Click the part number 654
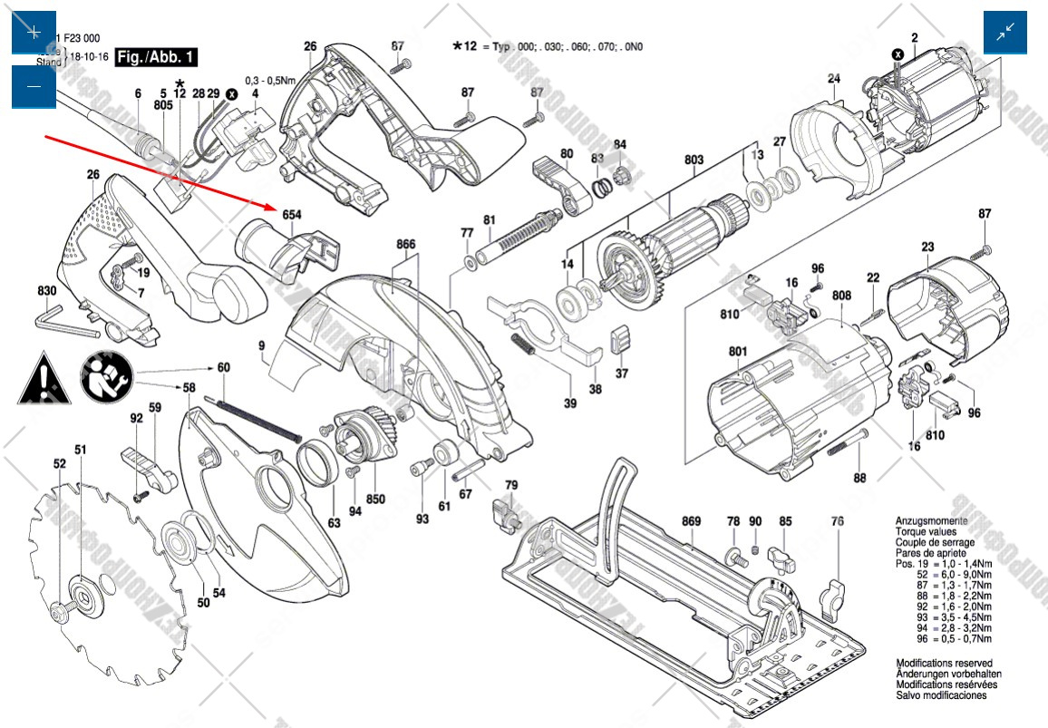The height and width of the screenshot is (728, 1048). pos(292,215)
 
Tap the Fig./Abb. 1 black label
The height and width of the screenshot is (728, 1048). pos(157,57)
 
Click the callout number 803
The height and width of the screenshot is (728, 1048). pos(694,160)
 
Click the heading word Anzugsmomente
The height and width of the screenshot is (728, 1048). pos(931,521)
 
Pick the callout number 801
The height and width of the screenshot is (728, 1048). pos(737,352)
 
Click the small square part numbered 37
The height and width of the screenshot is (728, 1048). pos(620,341)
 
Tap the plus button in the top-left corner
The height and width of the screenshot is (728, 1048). pos(34,33)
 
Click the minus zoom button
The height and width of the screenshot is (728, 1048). pos(34,86)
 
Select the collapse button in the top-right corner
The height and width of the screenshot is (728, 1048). pos(1006,33)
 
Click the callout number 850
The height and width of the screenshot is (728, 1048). pos(375,499)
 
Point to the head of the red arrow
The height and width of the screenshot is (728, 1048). pos(271,207)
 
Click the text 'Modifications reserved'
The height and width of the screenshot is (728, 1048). pos(944,664)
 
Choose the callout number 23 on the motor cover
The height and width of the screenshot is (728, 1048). pos(927,246)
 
